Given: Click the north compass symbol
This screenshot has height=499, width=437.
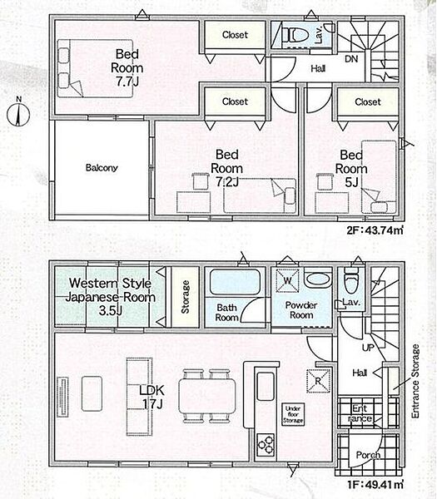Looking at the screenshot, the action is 18,113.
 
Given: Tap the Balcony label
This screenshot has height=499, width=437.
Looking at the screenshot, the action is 102,168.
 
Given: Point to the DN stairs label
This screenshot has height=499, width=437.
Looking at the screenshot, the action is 351,59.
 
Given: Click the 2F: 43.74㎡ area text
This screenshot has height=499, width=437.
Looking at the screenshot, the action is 375,230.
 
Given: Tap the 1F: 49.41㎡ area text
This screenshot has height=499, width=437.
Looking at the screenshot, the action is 375,485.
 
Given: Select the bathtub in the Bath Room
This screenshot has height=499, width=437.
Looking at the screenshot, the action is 236,283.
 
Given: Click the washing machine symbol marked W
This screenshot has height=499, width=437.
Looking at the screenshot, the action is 287,280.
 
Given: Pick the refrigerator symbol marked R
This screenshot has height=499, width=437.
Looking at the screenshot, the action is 318,381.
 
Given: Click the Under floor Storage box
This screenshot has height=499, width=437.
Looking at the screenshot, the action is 293,414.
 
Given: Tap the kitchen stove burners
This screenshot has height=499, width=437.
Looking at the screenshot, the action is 266,445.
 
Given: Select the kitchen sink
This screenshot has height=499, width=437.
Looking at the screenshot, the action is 266,387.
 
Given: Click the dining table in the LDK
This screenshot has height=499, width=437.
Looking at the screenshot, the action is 207,396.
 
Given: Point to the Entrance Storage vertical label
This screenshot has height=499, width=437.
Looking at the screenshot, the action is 415,381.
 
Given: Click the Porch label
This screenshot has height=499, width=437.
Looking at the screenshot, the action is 368,455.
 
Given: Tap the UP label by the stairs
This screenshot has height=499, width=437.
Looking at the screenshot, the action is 368,348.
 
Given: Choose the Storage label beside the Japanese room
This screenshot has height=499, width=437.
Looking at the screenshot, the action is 185,297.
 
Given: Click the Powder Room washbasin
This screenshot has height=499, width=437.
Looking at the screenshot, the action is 317,279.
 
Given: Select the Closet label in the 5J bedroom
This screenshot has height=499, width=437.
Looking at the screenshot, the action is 368,101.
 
